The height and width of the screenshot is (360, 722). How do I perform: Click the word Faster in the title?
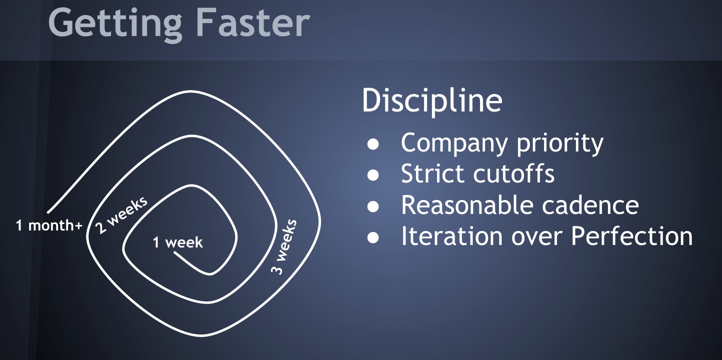click(252, 22)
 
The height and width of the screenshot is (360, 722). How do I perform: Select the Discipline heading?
click(432, 100)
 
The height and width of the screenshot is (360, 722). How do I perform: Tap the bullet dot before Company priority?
click(373, 144)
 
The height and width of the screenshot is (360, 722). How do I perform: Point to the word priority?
click(560, 144)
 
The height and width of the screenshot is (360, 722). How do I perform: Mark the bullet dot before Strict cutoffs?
click(373, 175)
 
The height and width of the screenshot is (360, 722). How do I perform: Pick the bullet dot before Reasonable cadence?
click(373, 206)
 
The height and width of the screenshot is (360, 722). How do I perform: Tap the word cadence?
click(590, 205)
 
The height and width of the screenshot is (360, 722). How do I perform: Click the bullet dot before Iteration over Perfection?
click(373, 237)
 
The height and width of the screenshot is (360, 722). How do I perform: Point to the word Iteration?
click(451, 236)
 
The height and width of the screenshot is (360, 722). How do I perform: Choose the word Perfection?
click(632, 236)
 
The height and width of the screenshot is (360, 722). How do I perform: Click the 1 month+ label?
click(49, 225)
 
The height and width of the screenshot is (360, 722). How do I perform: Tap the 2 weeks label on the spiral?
click(121, 214)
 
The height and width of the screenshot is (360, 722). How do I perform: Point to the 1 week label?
click(177, 242)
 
